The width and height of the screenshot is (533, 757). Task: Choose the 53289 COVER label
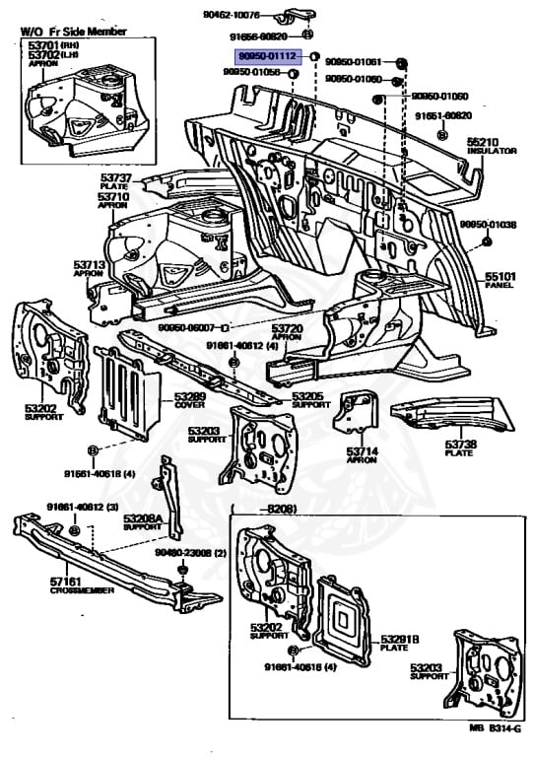click(x=189, y=400)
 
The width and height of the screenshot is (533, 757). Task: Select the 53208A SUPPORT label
click(x=142, y=521)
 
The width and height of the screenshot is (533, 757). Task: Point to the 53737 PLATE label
click(x=115, y=180)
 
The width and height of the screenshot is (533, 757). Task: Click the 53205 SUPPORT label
click(x=311, y=399)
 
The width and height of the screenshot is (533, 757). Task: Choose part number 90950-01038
click(x=488, y=225)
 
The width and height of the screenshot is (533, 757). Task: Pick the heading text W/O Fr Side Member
click(x=74, y=32)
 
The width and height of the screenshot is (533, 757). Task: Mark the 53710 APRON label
click(x=113, y=201)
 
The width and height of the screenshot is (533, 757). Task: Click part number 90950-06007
click(x=188, y=325)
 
